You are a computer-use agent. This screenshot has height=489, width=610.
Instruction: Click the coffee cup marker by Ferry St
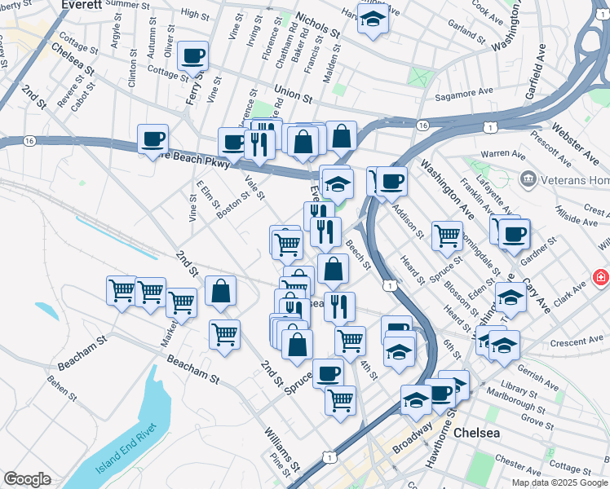pyautogui.click(x=193, y=57)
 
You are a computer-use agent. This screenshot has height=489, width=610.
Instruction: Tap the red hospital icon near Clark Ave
pyautogui.click(x=602, y=278)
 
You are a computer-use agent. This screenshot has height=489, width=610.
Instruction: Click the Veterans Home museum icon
pyautogui.click(x=528, y=178)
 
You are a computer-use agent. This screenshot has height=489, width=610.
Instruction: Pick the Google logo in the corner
pyautogui.click(x=26, y=479)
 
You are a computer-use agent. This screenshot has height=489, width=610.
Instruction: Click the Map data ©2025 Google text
pyautogui.click(x=559, y=482)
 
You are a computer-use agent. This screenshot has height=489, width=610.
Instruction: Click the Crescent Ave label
pyautogui.click(x=576, y=342)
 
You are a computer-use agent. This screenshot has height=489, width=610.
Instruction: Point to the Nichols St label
pyautogui.click(x=317, y=25)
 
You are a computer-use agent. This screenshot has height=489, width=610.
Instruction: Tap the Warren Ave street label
pyautogui.click(x=502, y=153)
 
